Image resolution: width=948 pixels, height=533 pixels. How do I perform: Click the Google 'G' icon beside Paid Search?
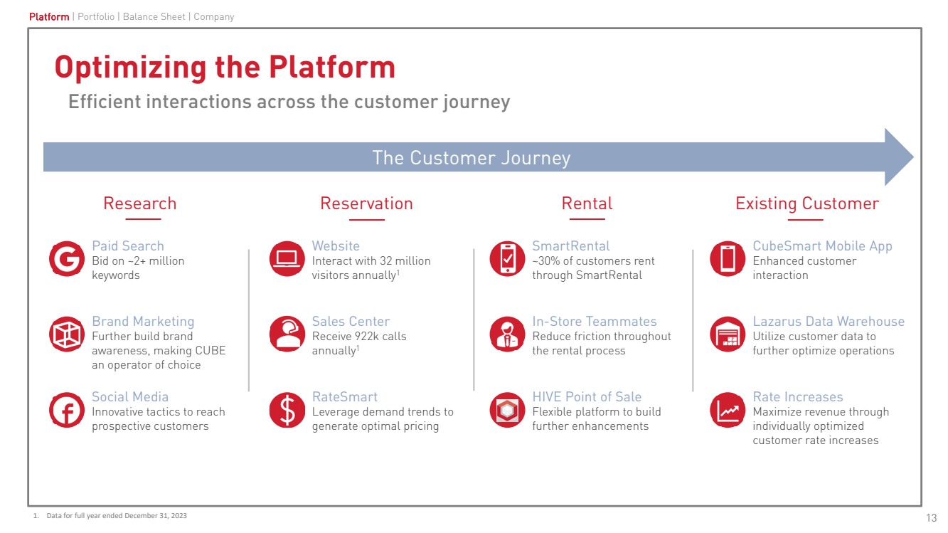67,259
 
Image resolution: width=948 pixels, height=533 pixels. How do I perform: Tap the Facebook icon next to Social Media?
67,411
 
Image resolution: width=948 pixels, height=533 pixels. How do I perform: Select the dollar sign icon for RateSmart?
287,411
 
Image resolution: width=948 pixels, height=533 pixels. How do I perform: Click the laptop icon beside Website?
287,259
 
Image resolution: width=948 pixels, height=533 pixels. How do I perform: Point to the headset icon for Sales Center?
287,334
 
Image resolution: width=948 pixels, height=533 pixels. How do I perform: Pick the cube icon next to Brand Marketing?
67,334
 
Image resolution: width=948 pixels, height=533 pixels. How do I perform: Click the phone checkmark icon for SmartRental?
508,259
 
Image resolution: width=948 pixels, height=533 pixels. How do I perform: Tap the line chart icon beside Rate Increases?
728,411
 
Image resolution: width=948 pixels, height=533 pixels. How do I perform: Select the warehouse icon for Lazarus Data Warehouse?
728,334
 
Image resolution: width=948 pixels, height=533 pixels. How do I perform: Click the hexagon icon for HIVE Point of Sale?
508,411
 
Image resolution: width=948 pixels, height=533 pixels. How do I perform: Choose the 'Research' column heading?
139,204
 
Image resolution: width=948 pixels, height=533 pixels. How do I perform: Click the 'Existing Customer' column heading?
807,204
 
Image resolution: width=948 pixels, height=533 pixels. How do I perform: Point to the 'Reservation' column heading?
366,204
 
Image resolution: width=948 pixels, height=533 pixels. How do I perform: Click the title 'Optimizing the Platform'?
225,68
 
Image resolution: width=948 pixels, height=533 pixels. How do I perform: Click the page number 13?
932,517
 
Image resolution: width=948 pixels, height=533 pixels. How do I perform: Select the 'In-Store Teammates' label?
595,322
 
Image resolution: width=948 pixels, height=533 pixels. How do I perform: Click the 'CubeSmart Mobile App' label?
822,246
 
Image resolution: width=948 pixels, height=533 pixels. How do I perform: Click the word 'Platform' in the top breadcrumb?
49,16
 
